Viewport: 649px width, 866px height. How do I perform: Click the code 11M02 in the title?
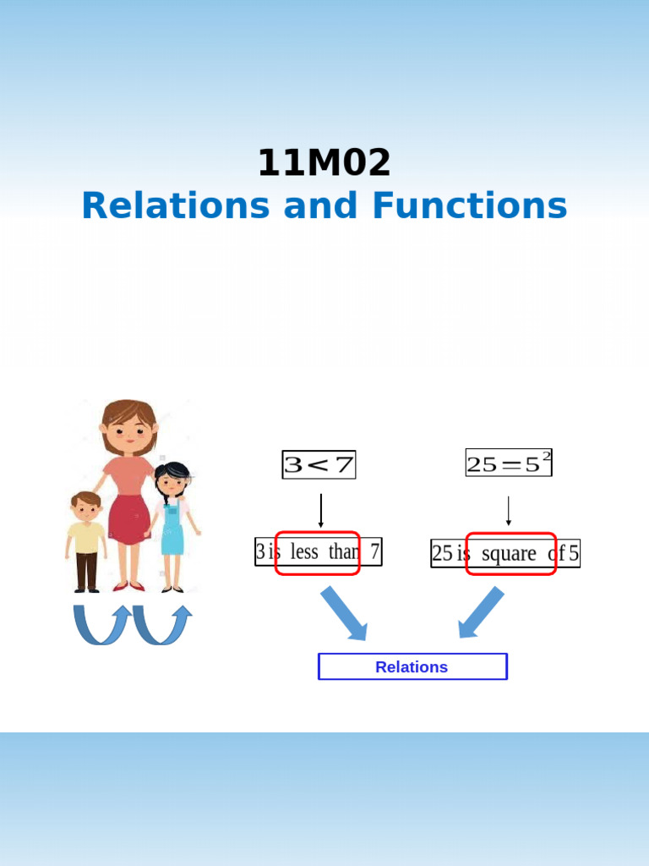click(324, 162)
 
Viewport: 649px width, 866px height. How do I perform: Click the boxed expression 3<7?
click(319, 464)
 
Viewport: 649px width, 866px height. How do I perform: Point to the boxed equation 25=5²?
click(508, 463)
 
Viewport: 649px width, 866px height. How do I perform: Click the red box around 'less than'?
click(318, 552)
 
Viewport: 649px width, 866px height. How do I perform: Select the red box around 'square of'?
click(511, 553)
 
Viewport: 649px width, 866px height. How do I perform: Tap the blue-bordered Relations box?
click(412, 666)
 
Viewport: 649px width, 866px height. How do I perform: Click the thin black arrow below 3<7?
click(321, 511)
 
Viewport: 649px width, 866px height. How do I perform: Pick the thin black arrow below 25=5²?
click(508, 511)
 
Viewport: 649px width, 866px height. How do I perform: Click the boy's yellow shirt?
click(86, 537)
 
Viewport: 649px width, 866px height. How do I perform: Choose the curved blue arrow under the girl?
click(163, 625)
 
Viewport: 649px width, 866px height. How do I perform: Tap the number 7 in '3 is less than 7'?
click(374, 552)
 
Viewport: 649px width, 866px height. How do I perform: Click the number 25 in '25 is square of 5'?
click(442, 554)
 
